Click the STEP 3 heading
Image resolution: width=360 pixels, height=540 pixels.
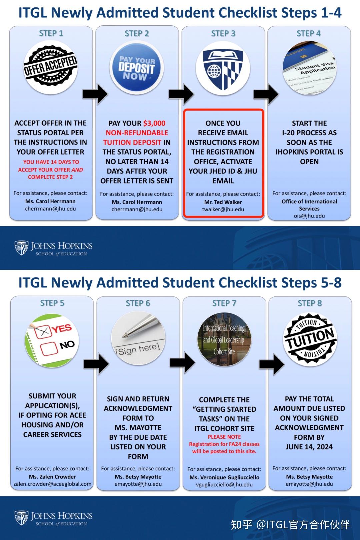pos(223,34)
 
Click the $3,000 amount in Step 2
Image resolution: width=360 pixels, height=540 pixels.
pos(154,123)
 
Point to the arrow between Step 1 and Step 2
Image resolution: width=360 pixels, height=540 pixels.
pos(95,94)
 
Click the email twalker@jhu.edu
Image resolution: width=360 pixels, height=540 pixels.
pos(223,210)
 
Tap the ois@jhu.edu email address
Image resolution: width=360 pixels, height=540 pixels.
pos(309,216)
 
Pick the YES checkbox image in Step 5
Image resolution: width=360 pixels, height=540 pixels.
pos(52,340)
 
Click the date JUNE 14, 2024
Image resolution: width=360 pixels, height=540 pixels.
pos(309,447)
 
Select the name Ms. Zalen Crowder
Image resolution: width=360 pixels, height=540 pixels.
pos(52,477)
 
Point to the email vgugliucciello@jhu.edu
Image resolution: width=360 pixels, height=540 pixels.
pos(224,485)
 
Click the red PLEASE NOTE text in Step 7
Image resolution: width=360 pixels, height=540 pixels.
pos(224,437)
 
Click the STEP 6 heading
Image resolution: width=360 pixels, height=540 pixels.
pos(138,303)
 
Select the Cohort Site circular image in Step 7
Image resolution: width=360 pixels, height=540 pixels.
pos(224,340)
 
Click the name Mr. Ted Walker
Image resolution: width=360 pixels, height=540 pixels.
pos(223,202)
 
